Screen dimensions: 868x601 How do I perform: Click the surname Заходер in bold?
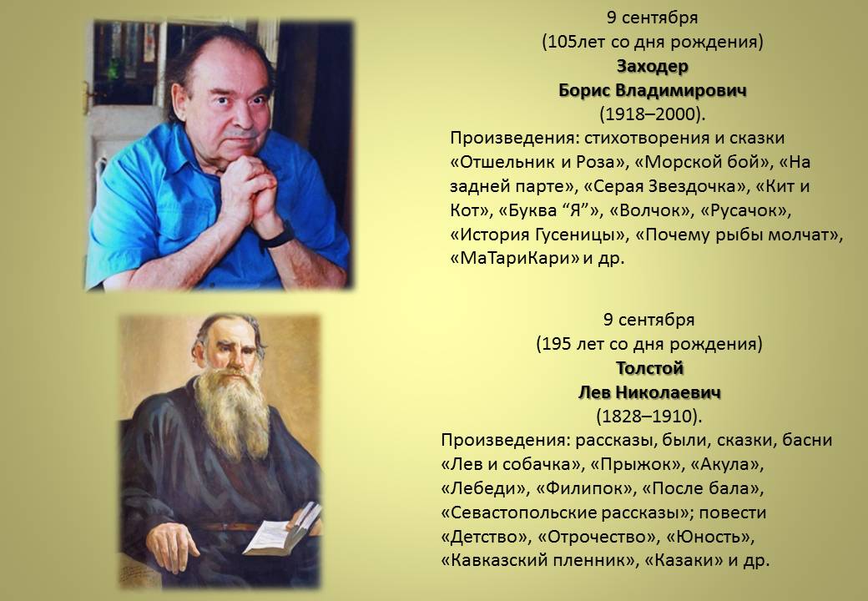(x=653, y=66)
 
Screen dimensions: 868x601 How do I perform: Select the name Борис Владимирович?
(x=653, y=90)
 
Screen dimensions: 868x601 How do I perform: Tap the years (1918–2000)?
(x=653, y=114)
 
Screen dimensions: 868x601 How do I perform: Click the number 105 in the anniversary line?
(x=563, y=42)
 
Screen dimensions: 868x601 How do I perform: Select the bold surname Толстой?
(x=650, y=368)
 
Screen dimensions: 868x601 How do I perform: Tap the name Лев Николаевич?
(x=650, y=392)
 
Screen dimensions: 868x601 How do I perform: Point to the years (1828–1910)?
(x=649, y=417)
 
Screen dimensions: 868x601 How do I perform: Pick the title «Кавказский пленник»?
(x=537, y=561)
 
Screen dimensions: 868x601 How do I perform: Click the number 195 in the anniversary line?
(x=557, y=344)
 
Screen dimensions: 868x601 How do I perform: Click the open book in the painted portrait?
(x=282, y=529)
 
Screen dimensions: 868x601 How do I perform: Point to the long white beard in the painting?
(x=231, y=412)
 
